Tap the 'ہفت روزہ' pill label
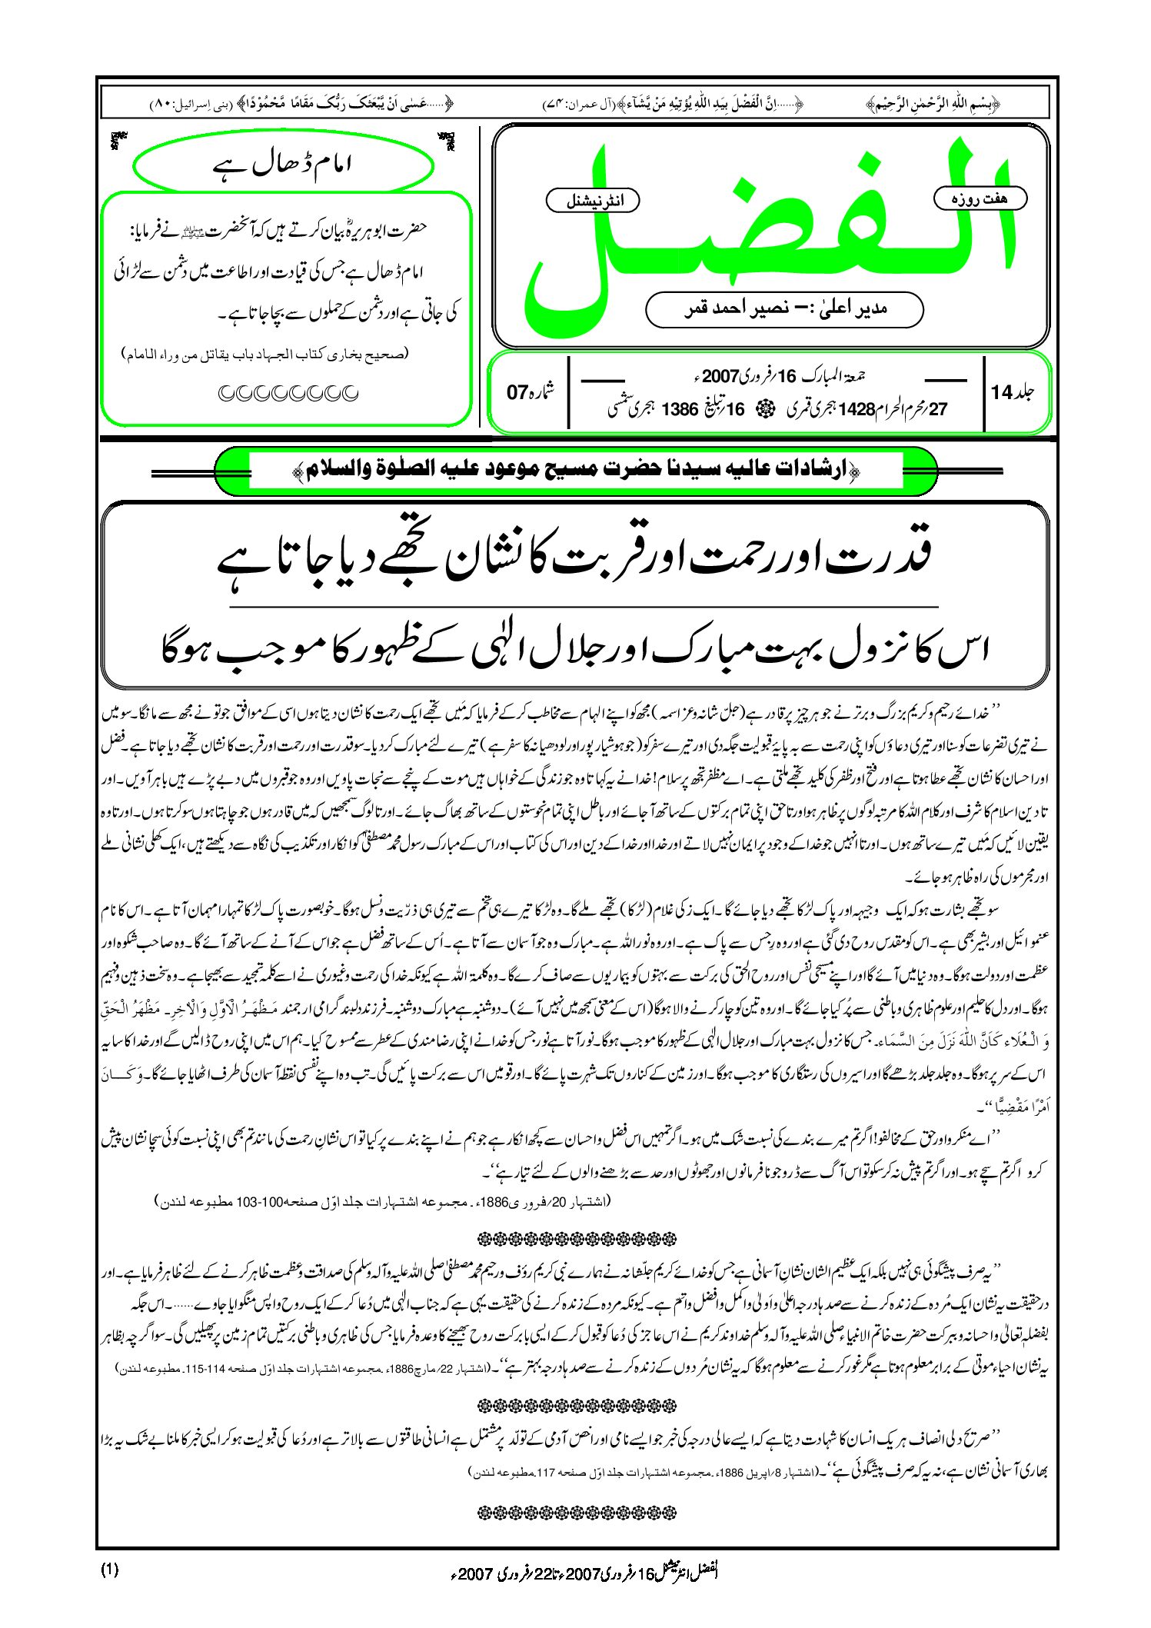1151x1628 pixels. (980, 198)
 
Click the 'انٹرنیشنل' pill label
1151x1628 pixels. (592, 201)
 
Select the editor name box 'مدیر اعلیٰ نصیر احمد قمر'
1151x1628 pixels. (784, 309)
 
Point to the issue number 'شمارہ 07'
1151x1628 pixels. (530, 392)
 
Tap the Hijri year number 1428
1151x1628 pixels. (856, 410)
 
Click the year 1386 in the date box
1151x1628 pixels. (680, 410)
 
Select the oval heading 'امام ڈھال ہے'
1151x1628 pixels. (282, 165)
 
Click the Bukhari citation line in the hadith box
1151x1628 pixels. (267, 355)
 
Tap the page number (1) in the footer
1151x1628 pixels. (109, 1570)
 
